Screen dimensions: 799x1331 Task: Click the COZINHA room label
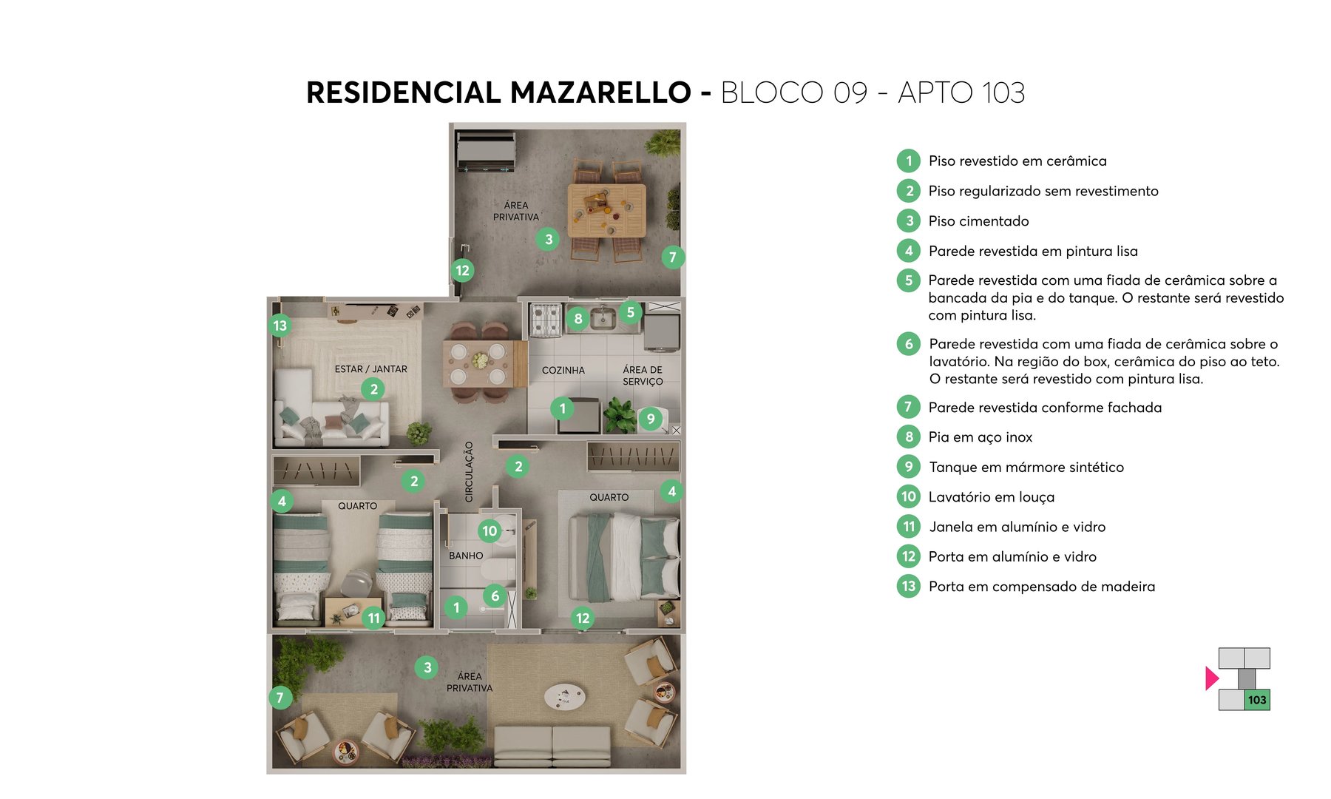pos(563,370)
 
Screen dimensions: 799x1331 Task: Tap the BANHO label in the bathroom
pos(466,556)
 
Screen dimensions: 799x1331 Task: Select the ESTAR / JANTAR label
pos(370,368)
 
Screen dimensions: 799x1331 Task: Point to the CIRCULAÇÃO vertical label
pos(469,472)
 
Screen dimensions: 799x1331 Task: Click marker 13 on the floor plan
pos(280,326)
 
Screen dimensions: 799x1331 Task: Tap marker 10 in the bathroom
pos(490,530)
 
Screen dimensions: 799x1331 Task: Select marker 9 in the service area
pos(651,419)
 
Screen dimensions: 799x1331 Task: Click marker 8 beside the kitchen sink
pos(578,319)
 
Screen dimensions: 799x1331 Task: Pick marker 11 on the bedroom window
pos(374,618)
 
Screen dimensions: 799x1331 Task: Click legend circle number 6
pos(909,344)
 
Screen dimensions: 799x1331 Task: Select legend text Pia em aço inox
pos(980,437)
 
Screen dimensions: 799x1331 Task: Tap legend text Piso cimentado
pos(978,221)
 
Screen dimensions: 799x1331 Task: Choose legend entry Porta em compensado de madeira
pos(1041,587)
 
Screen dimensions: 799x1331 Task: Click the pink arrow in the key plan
pos(1211,678)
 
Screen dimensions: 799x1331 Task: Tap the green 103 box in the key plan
pos(1257,700)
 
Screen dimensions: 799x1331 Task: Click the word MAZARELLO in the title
pos(600,93)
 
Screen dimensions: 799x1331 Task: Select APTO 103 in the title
pos(961,93)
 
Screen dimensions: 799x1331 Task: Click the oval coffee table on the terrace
pos(565,695)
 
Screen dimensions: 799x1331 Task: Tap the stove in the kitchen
pos(546,319)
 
